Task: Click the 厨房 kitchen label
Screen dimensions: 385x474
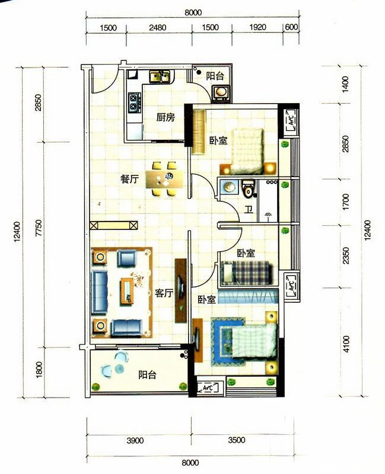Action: tap(166, 117)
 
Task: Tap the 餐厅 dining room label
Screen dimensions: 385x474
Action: tap(129, 180)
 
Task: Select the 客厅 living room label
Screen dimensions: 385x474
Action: tap(164, 293)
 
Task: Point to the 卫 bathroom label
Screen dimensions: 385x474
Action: tap(249, 209)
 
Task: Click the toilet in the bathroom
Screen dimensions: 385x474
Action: tap(249, 189)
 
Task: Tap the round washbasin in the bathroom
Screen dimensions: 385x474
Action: tap(230, 187)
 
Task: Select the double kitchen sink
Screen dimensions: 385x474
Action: tap(160, 76)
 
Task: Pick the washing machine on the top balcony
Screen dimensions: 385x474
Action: tap(222, 92)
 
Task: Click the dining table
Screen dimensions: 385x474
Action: tap(165, 180)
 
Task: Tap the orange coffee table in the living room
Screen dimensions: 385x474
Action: tap(128, 292)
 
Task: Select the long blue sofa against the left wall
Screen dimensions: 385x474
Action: tap(100, 292)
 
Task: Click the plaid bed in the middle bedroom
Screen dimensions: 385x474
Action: tap(246, 273)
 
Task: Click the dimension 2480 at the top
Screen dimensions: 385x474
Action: tap(158, 27)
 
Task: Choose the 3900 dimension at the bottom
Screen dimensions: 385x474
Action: tap(135, 440)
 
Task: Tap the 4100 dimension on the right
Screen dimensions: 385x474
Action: tap(346, 344)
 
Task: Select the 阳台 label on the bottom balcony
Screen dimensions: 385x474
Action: tap(147, 375)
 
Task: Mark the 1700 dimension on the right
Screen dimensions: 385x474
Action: tap(346, 202)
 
